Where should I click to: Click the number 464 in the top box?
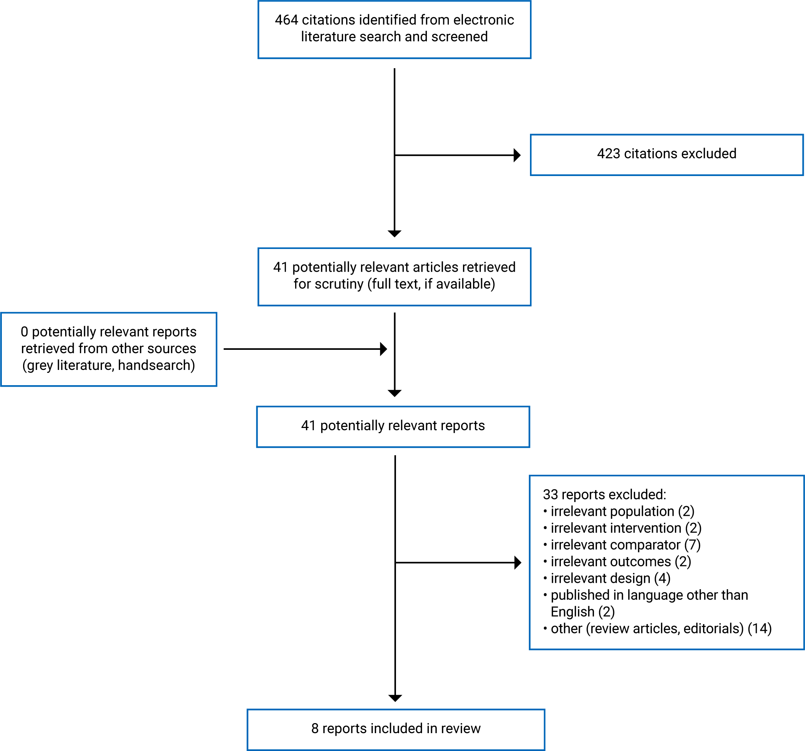coord(286,20)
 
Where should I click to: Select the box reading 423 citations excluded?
coord(667,155)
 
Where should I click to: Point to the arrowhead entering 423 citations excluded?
coord(517,155)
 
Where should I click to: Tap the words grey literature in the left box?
coord(69,365)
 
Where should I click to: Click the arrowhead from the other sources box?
coord(383,349)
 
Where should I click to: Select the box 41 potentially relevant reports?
coord(393,426)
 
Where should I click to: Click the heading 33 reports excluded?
coord(604,495)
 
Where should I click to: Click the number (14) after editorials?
coord(760,629)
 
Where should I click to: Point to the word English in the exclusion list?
coord(572,612)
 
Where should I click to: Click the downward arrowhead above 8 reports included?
coord(395,698)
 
